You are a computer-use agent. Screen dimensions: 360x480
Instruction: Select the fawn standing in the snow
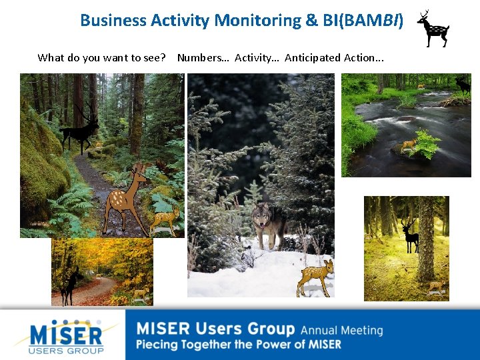click(315, 276)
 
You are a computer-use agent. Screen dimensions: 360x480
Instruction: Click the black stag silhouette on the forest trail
click(80, 129)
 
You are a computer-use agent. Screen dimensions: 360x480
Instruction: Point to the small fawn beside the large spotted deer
click(165, 219)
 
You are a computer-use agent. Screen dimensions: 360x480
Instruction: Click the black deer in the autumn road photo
click(70, 285)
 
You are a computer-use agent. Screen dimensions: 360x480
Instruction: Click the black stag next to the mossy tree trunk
click(409, 235)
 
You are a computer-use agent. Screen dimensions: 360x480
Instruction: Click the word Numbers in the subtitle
click(203, 58)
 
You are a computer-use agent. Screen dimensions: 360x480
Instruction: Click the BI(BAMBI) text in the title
click(363, 21)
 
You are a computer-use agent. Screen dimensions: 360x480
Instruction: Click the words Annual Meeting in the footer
click(341, 330)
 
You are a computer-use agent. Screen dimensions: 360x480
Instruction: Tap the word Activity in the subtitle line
click(256, 58)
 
